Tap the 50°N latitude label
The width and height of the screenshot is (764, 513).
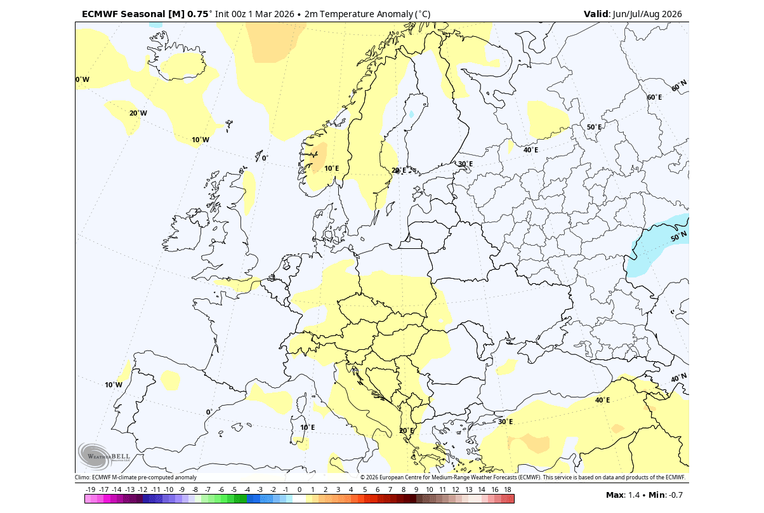[x=678, y=238]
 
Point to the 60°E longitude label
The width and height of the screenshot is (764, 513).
[x=654, y=97]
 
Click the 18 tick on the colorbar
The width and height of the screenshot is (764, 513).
[x=508, y=490]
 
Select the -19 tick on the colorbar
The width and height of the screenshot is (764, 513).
[x=90, y=490]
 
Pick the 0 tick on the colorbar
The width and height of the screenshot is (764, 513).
[x=300, y=490]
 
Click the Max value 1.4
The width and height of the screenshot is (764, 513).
[x=634, y=495]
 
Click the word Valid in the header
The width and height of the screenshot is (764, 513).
[x=596, y=14]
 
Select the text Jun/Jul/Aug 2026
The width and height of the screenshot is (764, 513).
[x=647, y=14]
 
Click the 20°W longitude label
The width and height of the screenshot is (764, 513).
[x=138, y=113]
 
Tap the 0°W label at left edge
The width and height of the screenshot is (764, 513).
[x=82, y=79]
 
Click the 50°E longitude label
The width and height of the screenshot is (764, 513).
[x=594, y=127]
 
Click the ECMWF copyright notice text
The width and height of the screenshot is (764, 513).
[x=523, y=477]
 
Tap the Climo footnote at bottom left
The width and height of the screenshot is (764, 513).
[x=135, y=477]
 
